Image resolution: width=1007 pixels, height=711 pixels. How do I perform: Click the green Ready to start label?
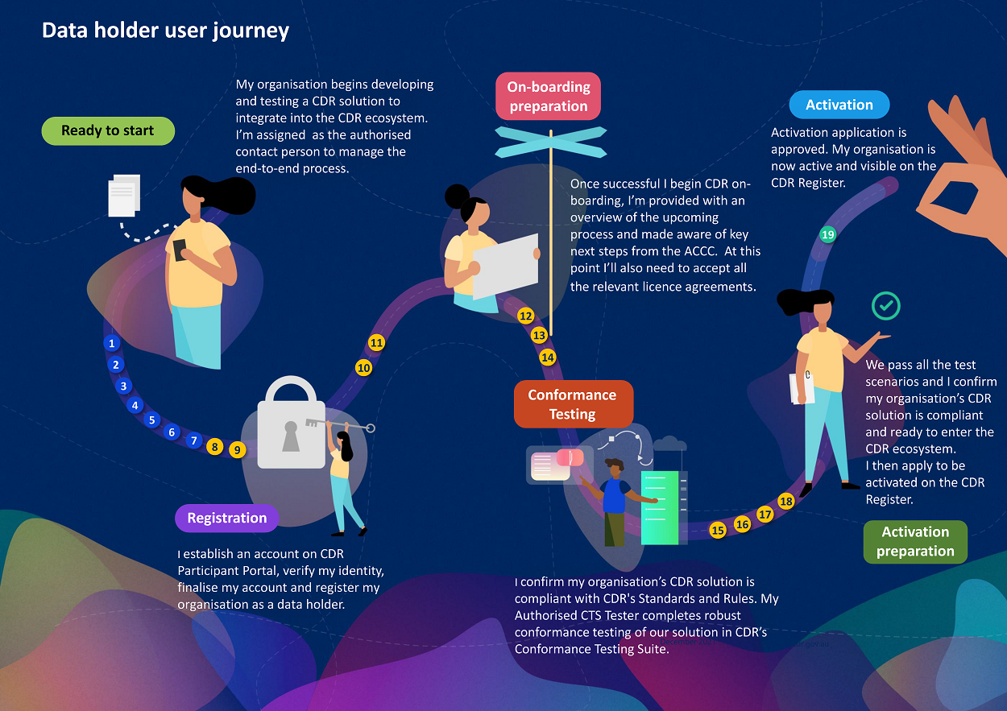pyautogui.click(x=108, y=131)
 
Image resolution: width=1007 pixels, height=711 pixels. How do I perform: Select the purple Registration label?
pyautogui.click(x=226, y=519)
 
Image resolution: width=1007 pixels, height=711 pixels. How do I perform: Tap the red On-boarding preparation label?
pyautogui.click(x=549, y=97)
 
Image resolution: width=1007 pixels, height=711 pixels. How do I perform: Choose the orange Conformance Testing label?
pyautogui.click(x=573, y=404)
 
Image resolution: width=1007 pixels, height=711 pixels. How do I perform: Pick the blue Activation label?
pyautogui.click(x=839, y=105)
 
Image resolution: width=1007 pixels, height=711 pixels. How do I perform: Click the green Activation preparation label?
pyautogui.click(x=915, y=541)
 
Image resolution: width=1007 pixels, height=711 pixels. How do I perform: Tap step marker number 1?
pyautogui.click(x=112, y=344)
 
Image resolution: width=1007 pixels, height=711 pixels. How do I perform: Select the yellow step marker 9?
pyautogui.click(x=237, y=450)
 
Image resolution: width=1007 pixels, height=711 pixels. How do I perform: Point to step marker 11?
pyautogui.click(x=376, y=343)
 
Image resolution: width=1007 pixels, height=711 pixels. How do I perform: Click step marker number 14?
pyautogui.click(x=548, y=357)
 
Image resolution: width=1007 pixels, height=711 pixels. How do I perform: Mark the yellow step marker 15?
pyautogui.click(x=718, y=530)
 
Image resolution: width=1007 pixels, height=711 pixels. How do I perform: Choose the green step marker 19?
pyautogui.click(x=827, y=235)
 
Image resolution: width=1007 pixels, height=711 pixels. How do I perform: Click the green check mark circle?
pyautogui.click(x=886, y=306)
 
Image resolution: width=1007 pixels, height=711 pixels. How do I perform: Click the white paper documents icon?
pyautogui.click(x=124, y=195)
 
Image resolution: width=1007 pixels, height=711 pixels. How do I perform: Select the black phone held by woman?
pyautogui.click(x=180, y=250)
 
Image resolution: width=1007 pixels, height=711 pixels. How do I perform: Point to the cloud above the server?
pyautogui.click(x=669, y=444)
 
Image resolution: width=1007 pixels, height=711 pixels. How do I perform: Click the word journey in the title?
pyautogui.click(x=251, y=31)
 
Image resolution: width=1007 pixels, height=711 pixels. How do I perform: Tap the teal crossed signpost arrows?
pyautogui.click(x=550, y=142)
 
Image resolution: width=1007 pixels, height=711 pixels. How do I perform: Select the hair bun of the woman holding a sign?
pyautogui.click(x=457, y=196)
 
